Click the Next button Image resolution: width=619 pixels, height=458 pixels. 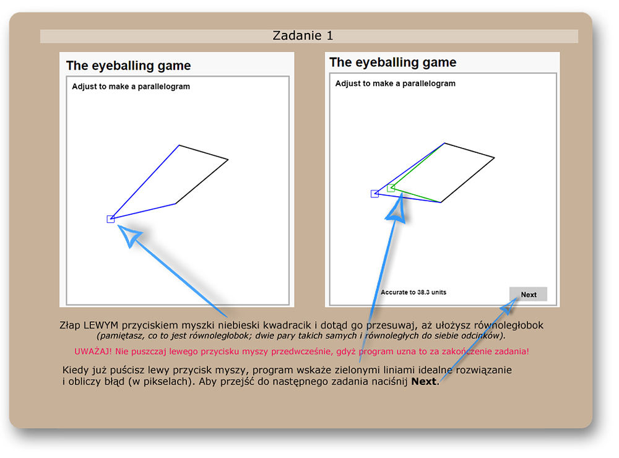528,294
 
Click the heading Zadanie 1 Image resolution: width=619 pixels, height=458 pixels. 303,35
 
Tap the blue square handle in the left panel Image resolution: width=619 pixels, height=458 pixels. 111,219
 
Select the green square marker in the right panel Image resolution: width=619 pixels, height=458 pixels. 391,188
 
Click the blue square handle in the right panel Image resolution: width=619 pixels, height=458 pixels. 374,194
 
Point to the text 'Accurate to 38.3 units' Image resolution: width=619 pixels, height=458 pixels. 413,292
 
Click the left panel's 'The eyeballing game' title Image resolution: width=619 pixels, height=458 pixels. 128,66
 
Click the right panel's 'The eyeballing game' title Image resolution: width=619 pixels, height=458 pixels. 393,63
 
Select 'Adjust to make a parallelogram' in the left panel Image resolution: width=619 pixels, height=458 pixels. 131,87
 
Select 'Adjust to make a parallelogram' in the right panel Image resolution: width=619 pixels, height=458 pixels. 395,84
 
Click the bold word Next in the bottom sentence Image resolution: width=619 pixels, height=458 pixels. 423,381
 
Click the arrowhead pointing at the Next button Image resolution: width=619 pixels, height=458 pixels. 510,305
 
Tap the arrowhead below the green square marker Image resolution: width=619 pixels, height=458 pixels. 396,209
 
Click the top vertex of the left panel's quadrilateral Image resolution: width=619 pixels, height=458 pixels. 180,145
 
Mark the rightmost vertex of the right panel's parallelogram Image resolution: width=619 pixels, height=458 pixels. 494,158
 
